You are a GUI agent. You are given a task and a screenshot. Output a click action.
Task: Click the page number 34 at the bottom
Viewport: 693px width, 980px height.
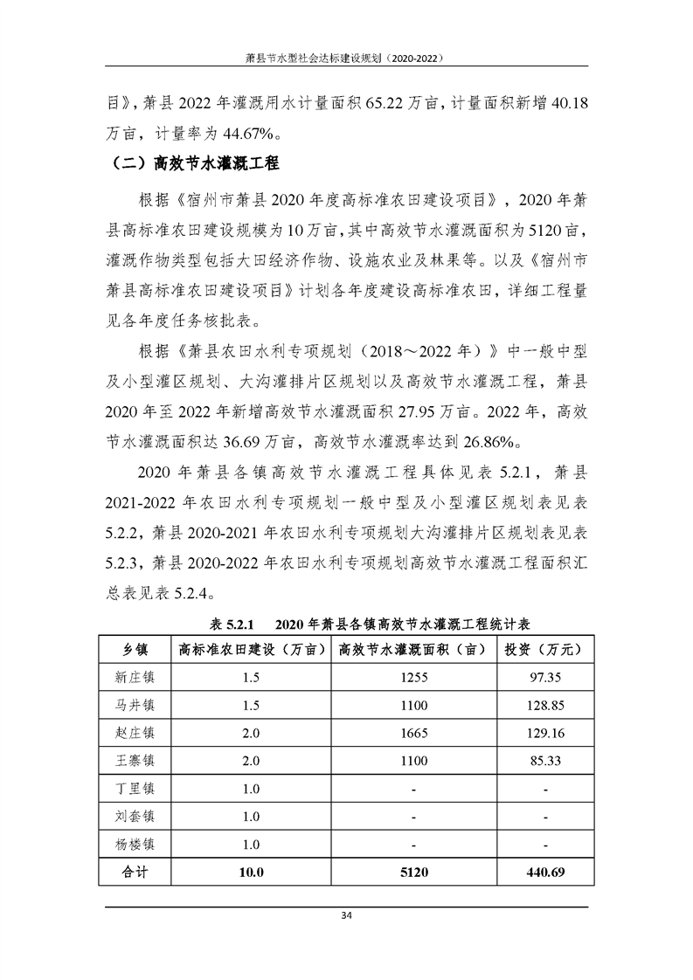(346, 915)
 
